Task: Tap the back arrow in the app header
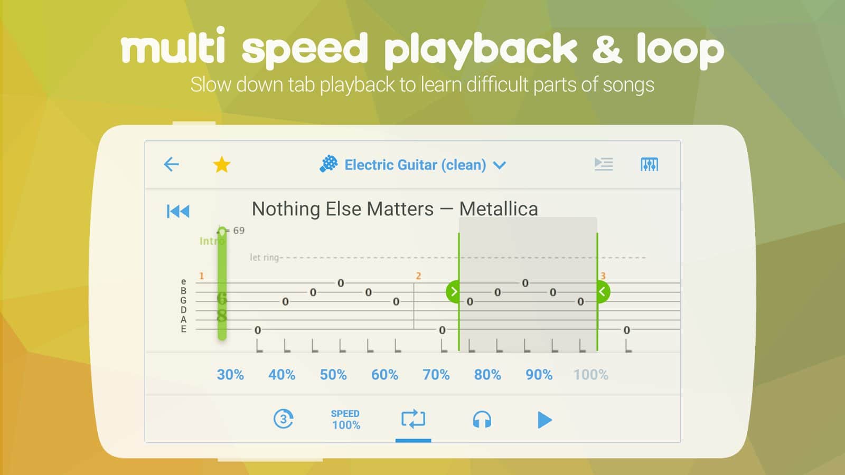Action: (x=171, y=164)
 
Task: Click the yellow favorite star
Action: (x=222, y=165)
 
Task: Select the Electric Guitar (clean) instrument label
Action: (x=415, y=165)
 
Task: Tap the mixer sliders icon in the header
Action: (x=649, y=164)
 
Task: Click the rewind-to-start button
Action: (x=178, y=211)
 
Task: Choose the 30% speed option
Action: (x=230, y=375)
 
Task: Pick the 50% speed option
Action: (x=333, y=375)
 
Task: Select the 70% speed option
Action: (x=436, y=375)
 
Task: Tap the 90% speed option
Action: (x=539, y=375)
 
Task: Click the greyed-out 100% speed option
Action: (x=591, y=375)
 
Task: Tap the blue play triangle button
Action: (x=544, y=420)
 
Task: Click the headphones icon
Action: (x=482, y=420)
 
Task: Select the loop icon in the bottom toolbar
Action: (x=413, y=419)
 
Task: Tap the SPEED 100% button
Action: (x=345, y=420)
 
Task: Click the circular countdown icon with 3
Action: (x=283, y=419)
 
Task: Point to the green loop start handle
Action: (x=453, y=291)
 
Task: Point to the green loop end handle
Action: (x=603, y=291)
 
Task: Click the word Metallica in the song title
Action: (x=499, y=209)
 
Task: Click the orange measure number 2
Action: (x=418, y=276)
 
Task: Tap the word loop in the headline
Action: (x=680, y=51)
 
